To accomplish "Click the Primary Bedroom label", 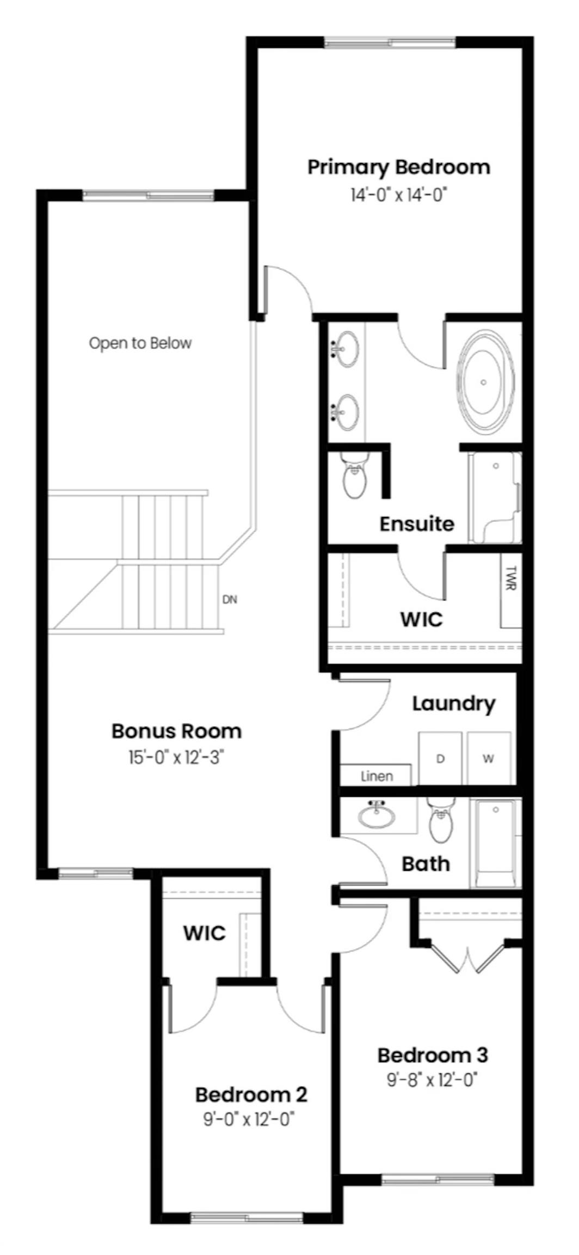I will tap(398, 167).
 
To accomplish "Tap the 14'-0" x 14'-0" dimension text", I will tap(398, 194).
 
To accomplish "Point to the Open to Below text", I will tap(140, 343).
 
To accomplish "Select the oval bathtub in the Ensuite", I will tap(484, 382).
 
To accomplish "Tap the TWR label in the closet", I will tap(510, 578).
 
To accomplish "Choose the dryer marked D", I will tap(440, 759).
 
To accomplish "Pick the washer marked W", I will tap(489, 759).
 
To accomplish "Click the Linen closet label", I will tap(377, 776).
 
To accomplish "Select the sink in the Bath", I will tap(377, 815).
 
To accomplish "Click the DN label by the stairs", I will tap(230, 600).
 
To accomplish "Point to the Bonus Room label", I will tap(176, 731).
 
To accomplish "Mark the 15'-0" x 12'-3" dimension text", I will tap(176, 758).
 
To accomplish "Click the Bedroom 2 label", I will tap(251, 1094).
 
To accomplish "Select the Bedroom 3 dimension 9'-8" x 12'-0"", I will tap(432, 1080).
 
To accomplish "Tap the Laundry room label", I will tap(453, 703).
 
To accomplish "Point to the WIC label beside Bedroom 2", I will tap(204, 933).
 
